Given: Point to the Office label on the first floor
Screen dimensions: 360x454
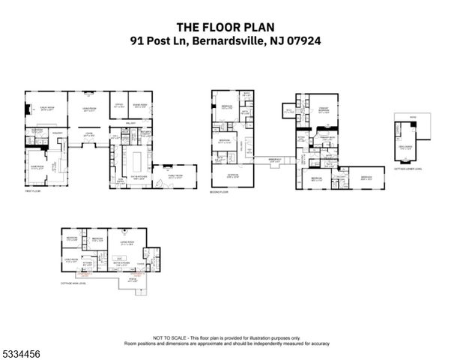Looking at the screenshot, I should tap(118, 106).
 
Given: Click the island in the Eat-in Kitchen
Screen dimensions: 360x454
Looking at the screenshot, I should tap(139, 160).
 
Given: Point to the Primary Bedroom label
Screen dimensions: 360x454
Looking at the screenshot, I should tap(320, 109).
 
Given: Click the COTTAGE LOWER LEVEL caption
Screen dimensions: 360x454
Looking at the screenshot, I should tap(405, 169).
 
